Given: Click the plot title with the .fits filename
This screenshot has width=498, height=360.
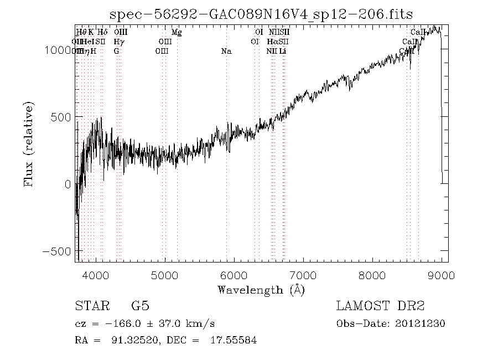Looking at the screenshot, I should point(262,14).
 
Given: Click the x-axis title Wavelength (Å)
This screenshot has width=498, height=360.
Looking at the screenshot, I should point(261,289).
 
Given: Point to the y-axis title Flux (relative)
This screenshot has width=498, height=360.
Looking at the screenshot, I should point(28,144).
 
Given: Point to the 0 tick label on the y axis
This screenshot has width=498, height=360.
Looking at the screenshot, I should point(68,184).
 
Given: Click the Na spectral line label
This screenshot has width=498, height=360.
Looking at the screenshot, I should point(226,51).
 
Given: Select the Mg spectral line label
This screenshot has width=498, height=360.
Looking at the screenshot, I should point(177,32).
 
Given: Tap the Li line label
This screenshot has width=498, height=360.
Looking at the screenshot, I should point(283,51).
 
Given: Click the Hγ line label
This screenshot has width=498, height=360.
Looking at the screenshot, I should point(118,42).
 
